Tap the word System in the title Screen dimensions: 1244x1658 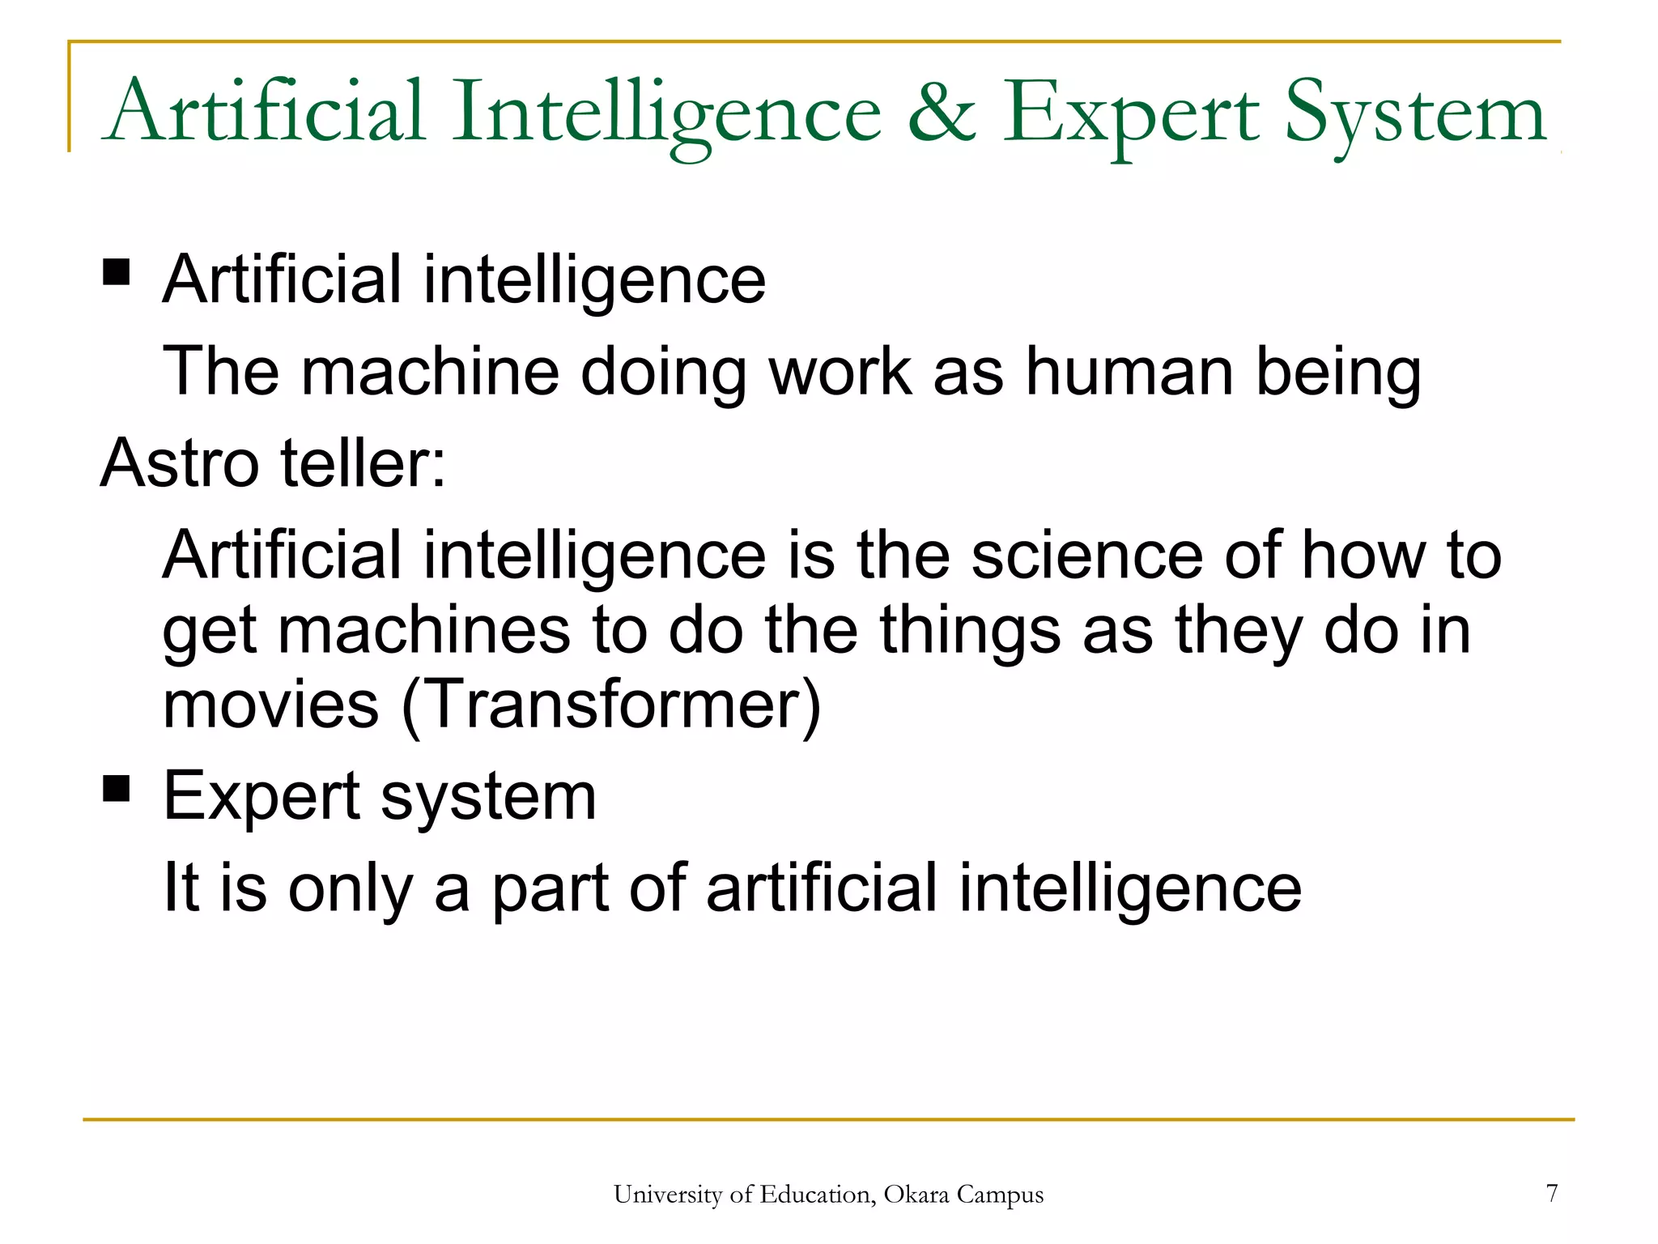coord(1415,113)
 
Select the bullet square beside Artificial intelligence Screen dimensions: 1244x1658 coord(117,272)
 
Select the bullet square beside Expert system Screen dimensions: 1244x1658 coord(117,787)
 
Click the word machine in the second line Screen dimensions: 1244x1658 coord(430,372)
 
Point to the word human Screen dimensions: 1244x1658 coord(1130,372)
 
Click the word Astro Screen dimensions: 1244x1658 coord(180,463)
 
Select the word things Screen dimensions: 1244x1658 coord(970,631)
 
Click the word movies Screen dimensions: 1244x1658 coord(270,704)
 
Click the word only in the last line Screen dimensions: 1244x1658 coord(351,888)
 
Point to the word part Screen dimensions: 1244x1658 coord(551,888)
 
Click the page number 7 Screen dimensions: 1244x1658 coord(1551,1193)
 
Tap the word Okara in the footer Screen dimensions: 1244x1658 coord(916,1195)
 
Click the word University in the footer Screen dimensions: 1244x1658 coord(667,1195)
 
